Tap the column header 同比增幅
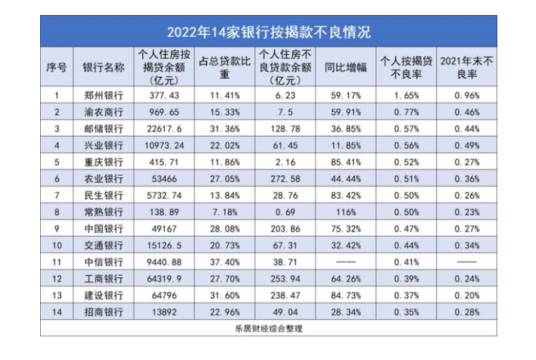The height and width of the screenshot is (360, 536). click(x=345, y=67)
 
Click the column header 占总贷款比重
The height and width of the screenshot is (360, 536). click(x=223, y=67)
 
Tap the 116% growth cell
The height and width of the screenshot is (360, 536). click(x=345, y=212)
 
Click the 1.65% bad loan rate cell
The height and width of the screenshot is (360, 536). click(x=406, y=94)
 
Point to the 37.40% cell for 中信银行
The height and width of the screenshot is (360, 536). click(x=223, y=262)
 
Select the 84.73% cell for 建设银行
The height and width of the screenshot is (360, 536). click(x=345, y=295)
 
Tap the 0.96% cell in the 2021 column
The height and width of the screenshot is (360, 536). click(x=467, y=94)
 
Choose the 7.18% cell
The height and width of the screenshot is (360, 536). click(x=223, y=212)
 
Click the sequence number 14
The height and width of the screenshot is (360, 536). click(x=56, y=312)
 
